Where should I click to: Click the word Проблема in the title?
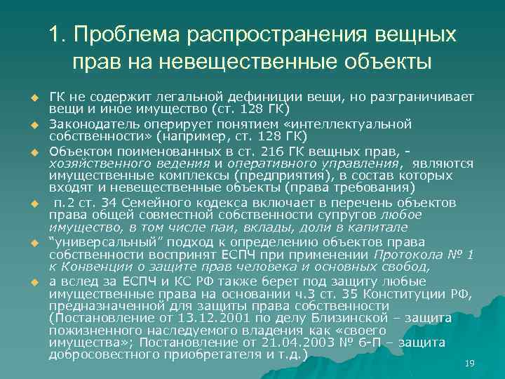pos(125,34)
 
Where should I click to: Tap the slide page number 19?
pos(470,363)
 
